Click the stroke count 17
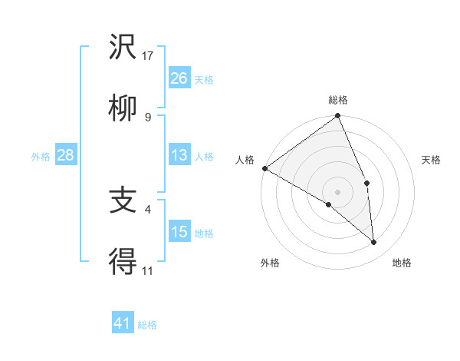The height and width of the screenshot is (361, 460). tap(148, 55)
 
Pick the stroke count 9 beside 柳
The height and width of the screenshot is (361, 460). tap(147, 117)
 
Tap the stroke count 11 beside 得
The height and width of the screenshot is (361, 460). tap(147, 270)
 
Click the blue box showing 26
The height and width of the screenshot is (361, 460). tap(179, 78)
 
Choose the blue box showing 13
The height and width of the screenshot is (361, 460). tap(179, 155)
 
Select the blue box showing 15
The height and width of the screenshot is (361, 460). tap(179, 232)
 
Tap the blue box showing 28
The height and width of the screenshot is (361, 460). tap(66, 155)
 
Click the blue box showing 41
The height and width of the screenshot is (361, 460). tap(123, 323)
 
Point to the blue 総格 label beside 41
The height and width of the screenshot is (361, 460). tap(147, 325)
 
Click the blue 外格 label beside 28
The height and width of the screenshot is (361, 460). tap(41, 157)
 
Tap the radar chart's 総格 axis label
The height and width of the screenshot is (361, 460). tap(337, 100)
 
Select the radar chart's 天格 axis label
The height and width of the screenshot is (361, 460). tap(431, 160)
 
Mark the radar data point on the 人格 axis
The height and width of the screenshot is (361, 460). tap(264, 168)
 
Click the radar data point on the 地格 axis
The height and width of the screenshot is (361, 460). tap(374, 242)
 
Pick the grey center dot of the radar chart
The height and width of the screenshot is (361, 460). tap(337, 191)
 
